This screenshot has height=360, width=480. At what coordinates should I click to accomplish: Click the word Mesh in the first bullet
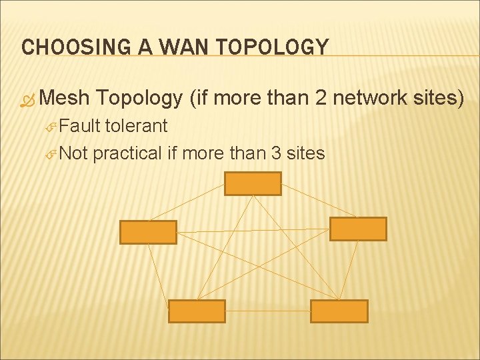pos(64,98)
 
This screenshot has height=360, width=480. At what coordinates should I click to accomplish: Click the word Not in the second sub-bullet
pos(74,153)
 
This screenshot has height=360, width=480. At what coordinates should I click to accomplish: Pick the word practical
pos(127,153)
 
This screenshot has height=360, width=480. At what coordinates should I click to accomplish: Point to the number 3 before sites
pos(276,153)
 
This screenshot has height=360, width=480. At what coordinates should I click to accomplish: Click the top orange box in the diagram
pos(253,183)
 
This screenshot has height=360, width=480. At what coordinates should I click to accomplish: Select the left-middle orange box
pos(148,232)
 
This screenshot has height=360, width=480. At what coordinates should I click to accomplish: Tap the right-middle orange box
pos(358,229)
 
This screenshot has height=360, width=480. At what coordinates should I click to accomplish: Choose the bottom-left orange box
pos(197,311)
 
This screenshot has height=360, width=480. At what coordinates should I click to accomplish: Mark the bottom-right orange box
pos(339,311)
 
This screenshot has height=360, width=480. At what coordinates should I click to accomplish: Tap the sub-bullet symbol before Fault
pos(53,127)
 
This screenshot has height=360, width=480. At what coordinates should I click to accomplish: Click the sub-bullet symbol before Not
pos(53,154)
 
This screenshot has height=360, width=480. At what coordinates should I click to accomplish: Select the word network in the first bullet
pos(364,98)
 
